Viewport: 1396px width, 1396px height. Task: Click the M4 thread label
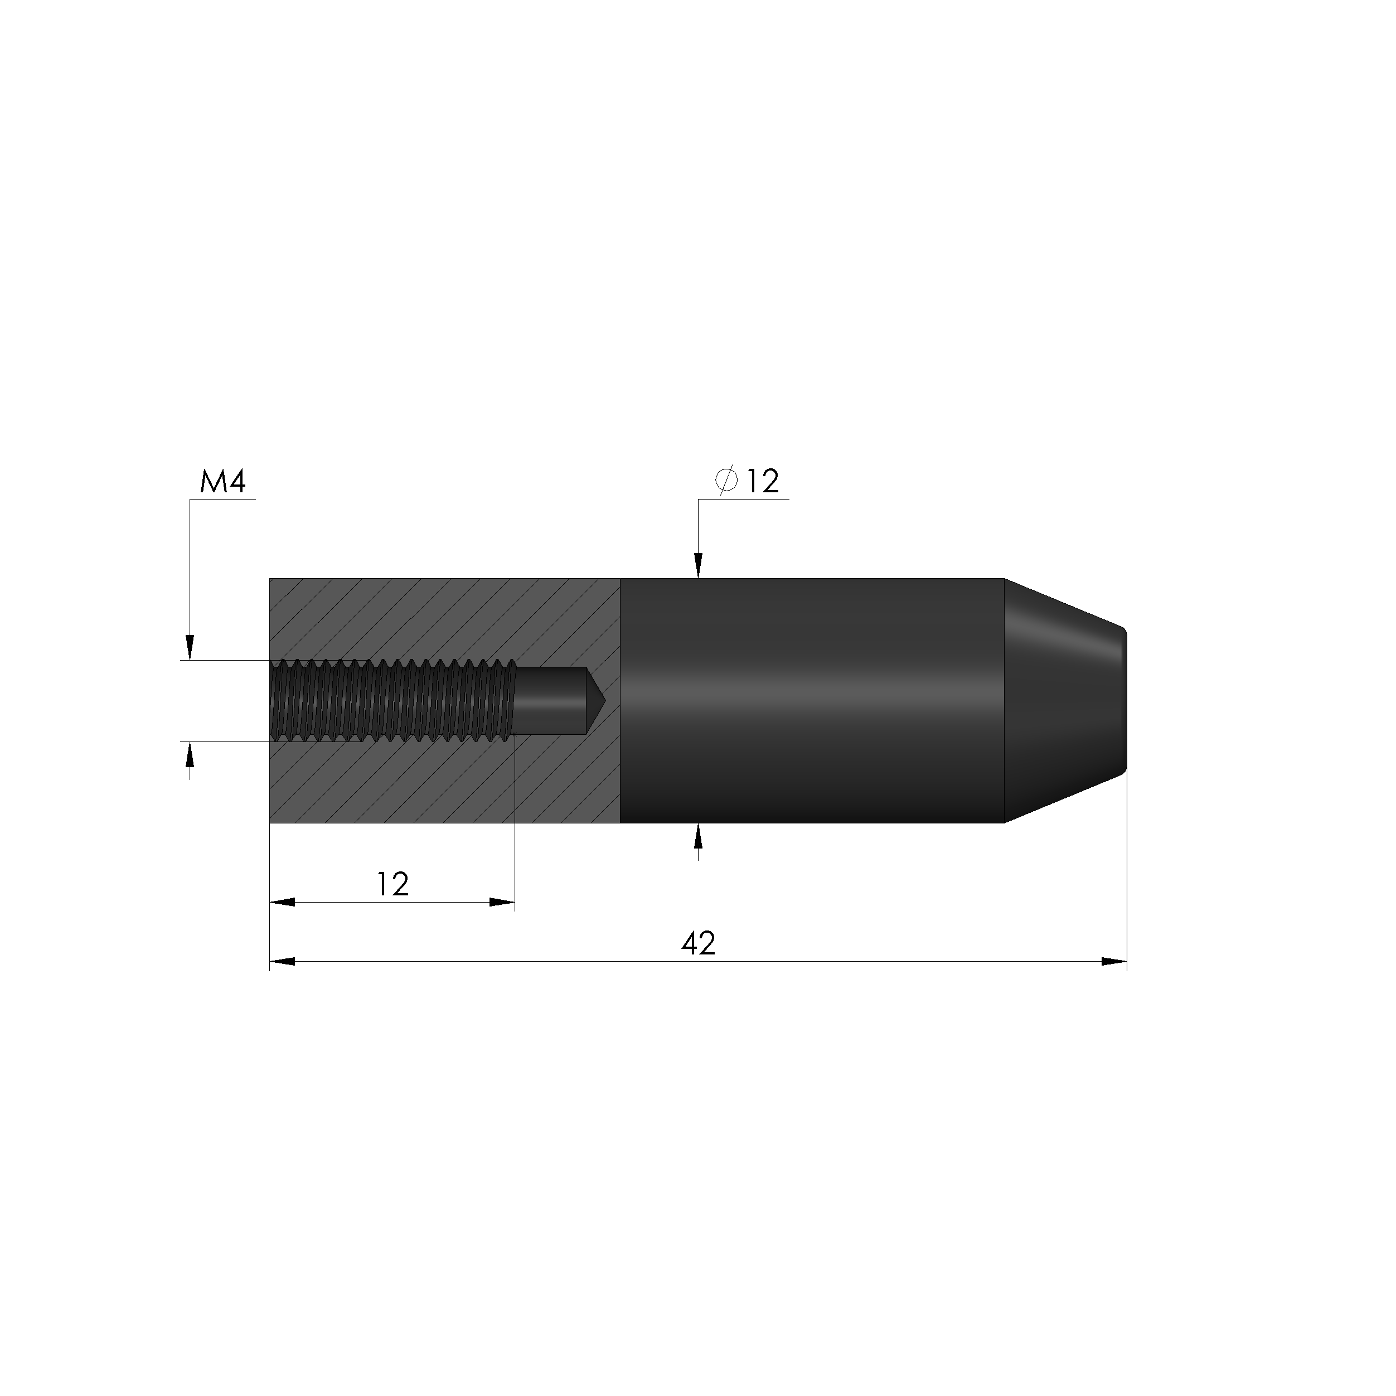pyautogui.click(x=222, y=482)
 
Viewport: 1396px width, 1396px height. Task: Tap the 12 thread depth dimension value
pyautogui.click(x=392, y=884)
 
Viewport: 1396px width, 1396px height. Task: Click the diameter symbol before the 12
pyautogui.click(x=726, y=481)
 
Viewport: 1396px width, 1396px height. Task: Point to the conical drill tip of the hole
pyautogui.click(x=595, y=700)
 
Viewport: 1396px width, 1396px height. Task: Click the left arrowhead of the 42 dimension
pyautogui.click(x=282, y=962)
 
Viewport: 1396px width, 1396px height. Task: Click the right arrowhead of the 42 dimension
pyautogui.click(x=1114, y=962)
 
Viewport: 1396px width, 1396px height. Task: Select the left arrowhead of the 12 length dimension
pyautogui.click(x=282, y=901)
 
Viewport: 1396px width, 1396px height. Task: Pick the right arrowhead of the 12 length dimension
pyautogui.click(x=502, y=901)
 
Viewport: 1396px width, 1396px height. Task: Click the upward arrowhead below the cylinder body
pyautogui.click(x=698, y=836)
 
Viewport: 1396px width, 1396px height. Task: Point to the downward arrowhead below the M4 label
pyautogui.click(x=190, y=647)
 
